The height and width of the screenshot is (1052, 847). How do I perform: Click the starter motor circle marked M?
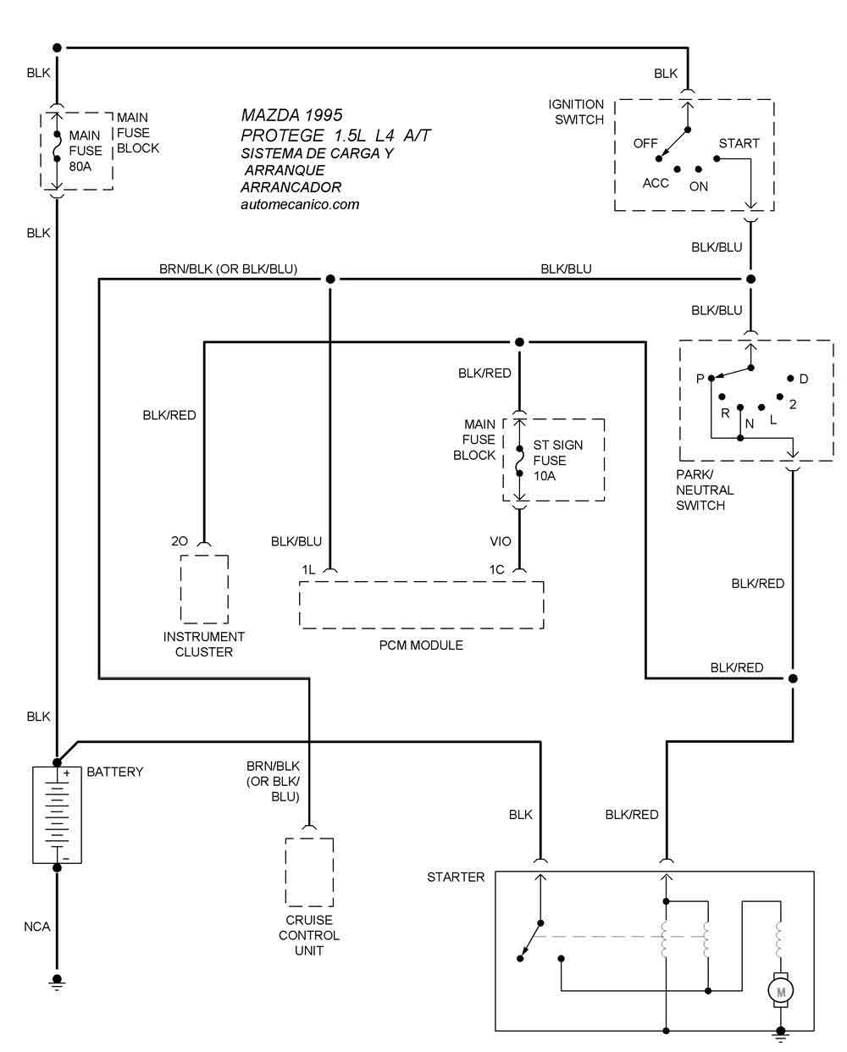point(780,990)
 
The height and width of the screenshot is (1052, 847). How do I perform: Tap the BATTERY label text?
point(115,772)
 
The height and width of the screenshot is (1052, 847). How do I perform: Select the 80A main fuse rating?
point(81,166)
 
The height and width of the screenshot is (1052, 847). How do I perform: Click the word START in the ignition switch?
point(739,143)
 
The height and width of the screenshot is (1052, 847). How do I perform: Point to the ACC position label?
point(656,183)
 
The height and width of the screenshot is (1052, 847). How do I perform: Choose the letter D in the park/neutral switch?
point(804,379)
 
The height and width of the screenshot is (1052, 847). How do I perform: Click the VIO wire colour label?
point(501,541)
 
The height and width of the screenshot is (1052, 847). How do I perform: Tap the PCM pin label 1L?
point(308,569)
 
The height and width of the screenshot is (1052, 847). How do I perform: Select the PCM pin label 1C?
point(496,569)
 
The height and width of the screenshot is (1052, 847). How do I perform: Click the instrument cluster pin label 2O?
point(180,540)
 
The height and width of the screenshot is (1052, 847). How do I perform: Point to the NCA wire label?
point(37,927)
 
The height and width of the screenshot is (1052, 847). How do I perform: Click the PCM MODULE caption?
point(421,645)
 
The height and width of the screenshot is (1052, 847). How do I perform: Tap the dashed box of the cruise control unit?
point(309,872)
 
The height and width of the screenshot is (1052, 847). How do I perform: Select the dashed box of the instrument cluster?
point(204,590)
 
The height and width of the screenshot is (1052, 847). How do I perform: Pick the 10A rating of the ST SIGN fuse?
point(545,476)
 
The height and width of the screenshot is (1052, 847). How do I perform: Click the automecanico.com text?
point(300,204)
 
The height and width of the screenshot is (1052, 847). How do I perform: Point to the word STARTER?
point(456,877)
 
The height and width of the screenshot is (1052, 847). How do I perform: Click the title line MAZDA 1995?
point(291,114)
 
